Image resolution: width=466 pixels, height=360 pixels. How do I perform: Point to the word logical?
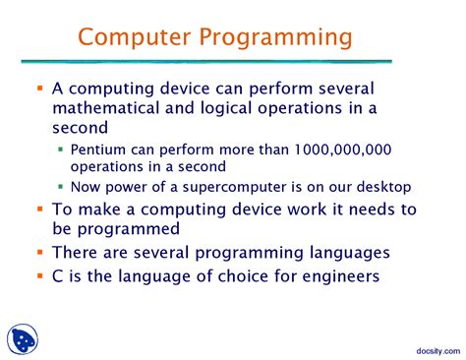click(258, 107)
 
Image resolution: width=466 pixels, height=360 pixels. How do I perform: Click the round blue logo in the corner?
click(27, 339)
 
